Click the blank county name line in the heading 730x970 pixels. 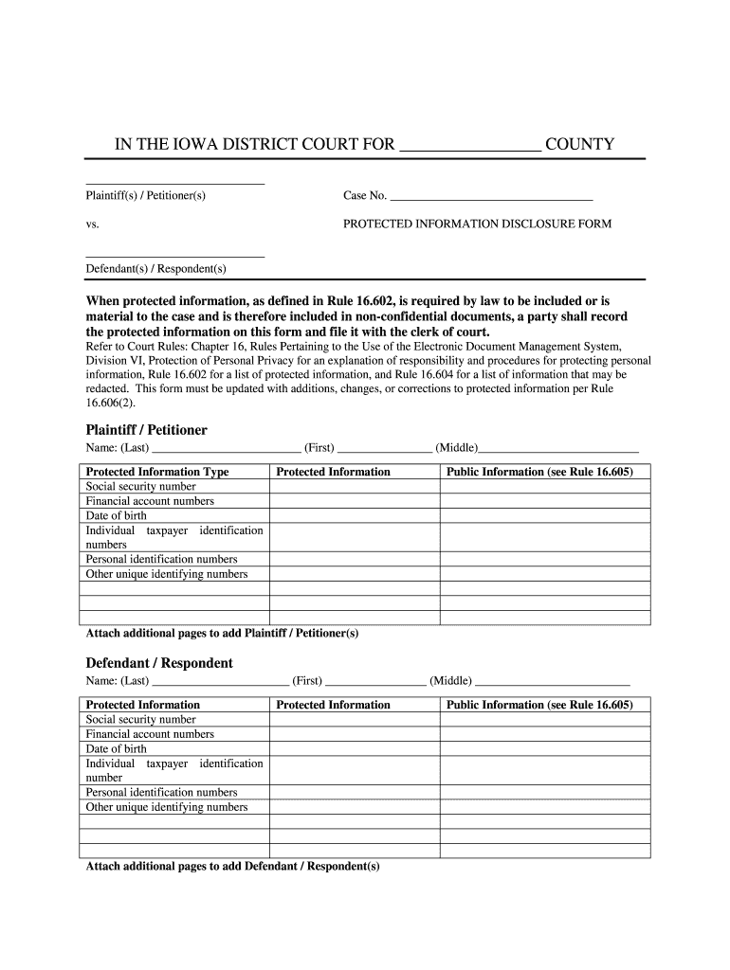coord(471,145)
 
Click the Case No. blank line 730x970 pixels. coord(491,196)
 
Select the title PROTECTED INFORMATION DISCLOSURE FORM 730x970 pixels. coord(477,225)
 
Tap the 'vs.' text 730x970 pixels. coord(92,225)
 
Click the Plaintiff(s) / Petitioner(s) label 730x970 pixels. coord(145,196)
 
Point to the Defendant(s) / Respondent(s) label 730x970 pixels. coord(155,268)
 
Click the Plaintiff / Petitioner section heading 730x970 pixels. coord(146,430)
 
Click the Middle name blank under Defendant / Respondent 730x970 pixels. coord(552,680)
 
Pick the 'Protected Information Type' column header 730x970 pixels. coord(157,472)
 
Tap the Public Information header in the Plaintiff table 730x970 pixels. coord(539,472)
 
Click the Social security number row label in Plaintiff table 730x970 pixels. coord(141,487)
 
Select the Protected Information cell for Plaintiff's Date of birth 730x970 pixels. coord(355,516)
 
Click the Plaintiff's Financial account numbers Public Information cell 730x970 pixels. coord(545,501)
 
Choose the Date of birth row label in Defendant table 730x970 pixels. coord(117,748)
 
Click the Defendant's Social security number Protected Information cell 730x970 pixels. coord(355,720)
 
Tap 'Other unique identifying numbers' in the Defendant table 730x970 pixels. coord(167,807)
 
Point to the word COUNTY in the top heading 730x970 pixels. coord(580,145)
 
